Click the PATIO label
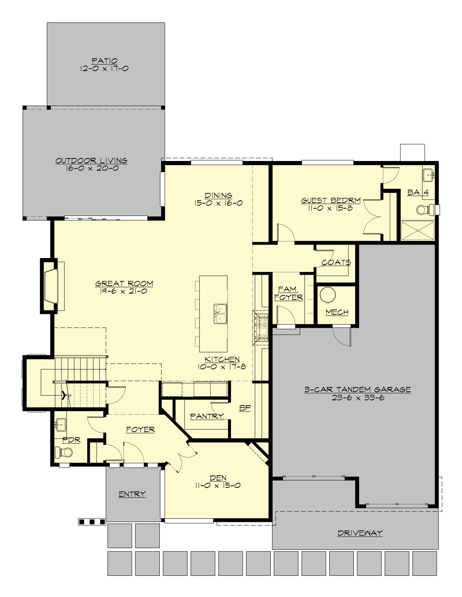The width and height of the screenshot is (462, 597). [104, 61]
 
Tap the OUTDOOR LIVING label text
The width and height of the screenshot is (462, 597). [91, 161]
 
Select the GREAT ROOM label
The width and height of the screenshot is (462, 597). [124, 284]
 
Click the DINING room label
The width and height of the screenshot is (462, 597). [218, 195]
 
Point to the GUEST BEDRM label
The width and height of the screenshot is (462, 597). [331, 200]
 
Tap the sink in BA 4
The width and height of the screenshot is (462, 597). [428, 175]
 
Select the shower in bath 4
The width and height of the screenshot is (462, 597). [418, 230]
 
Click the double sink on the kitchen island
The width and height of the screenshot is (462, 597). [221, 313]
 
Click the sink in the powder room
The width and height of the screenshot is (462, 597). [60, 425]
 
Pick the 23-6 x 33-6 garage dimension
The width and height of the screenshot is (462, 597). [358, 398]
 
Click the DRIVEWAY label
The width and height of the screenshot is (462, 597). [360, 533]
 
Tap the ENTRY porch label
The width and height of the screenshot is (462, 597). [132, 494]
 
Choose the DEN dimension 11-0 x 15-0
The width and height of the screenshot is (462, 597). [218, 486]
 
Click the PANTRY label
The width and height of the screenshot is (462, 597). [207, 416]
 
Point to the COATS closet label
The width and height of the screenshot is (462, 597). [336, 262]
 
